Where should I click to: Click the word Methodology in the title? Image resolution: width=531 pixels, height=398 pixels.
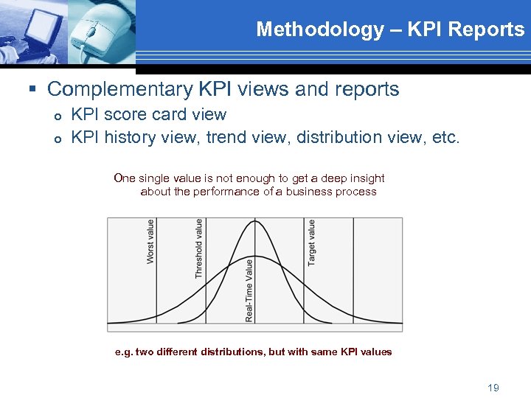tap(319, 29)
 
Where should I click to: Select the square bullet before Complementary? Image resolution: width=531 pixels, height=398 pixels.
tap(32, 90)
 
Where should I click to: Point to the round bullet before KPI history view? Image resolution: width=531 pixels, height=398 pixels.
tap(57, 139)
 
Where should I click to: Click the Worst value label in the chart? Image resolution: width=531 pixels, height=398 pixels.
tap(150, 242)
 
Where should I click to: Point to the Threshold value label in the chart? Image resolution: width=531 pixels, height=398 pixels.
tap(198, 248)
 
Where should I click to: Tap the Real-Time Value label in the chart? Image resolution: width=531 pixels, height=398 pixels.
tap(249, 290)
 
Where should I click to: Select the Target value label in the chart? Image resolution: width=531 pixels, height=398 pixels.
tap(312, 242)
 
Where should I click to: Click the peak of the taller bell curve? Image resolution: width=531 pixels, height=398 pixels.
tap(255, 221)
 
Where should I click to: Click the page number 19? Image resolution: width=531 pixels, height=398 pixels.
tap(493, 388)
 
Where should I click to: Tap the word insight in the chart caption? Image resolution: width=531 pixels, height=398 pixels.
tap(367, 178)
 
